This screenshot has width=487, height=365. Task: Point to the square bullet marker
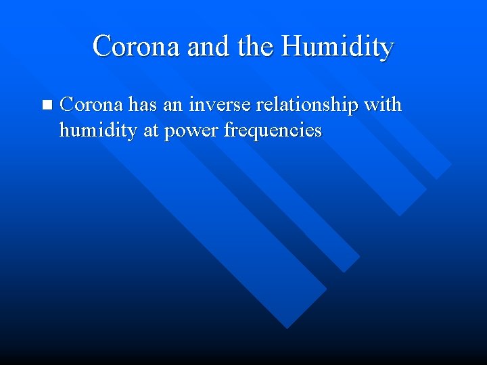point(46,105)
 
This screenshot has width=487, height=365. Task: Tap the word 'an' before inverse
point(173,105)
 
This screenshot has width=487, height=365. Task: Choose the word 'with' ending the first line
point(383,105)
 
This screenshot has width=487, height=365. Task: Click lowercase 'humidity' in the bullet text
point(98,130)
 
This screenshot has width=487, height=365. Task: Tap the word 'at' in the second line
point(149,130)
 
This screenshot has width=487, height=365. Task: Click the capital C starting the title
point(101,47)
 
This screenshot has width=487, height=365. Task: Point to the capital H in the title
point(292,47)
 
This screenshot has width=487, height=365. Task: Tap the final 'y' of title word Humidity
point(387,49)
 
